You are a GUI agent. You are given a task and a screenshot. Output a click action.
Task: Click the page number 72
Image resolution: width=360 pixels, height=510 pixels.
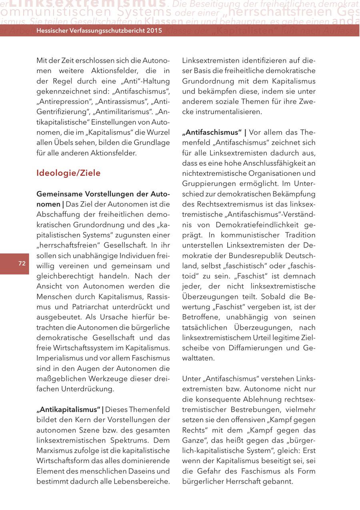coord(22,263)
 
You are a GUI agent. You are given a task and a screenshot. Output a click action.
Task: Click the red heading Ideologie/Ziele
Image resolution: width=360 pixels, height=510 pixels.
coord(68,173)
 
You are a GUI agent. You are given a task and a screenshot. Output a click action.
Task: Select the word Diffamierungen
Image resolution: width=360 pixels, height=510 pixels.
coord(256,348)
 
